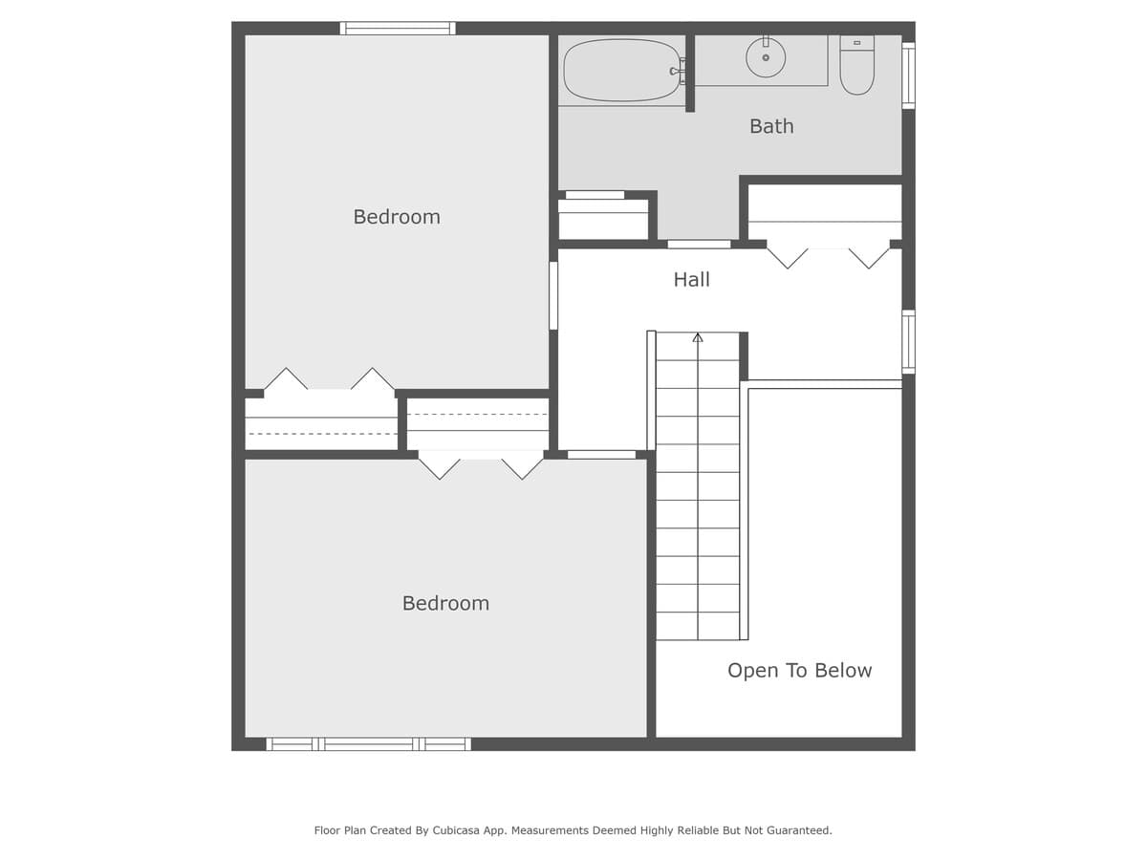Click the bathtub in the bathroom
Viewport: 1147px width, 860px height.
point(621,70)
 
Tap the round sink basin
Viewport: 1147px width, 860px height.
point(766,58)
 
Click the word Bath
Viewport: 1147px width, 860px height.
point(771,126)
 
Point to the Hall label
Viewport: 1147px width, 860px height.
point(691,280)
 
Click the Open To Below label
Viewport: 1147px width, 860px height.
point(799,671)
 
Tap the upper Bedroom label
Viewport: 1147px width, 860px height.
point(397,217)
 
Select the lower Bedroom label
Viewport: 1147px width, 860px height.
point(445,604)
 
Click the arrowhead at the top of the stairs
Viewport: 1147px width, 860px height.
point(698,337)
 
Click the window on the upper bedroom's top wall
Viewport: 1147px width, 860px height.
point(398,29)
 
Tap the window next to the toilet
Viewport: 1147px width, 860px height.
point(908,75)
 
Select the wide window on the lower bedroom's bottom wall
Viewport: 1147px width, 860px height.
point(368,743)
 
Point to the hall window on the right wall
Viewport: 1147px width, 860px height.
point(908,341)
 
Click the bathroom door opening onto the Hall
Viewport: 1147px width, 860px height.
point(699,245)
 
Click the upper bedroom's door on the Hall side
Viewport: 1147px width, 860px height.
point(553,295)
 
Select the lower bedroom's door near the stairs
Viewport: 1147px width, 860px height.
point(601,455)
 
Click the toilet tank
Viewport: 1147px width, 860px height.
point(856,43)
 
